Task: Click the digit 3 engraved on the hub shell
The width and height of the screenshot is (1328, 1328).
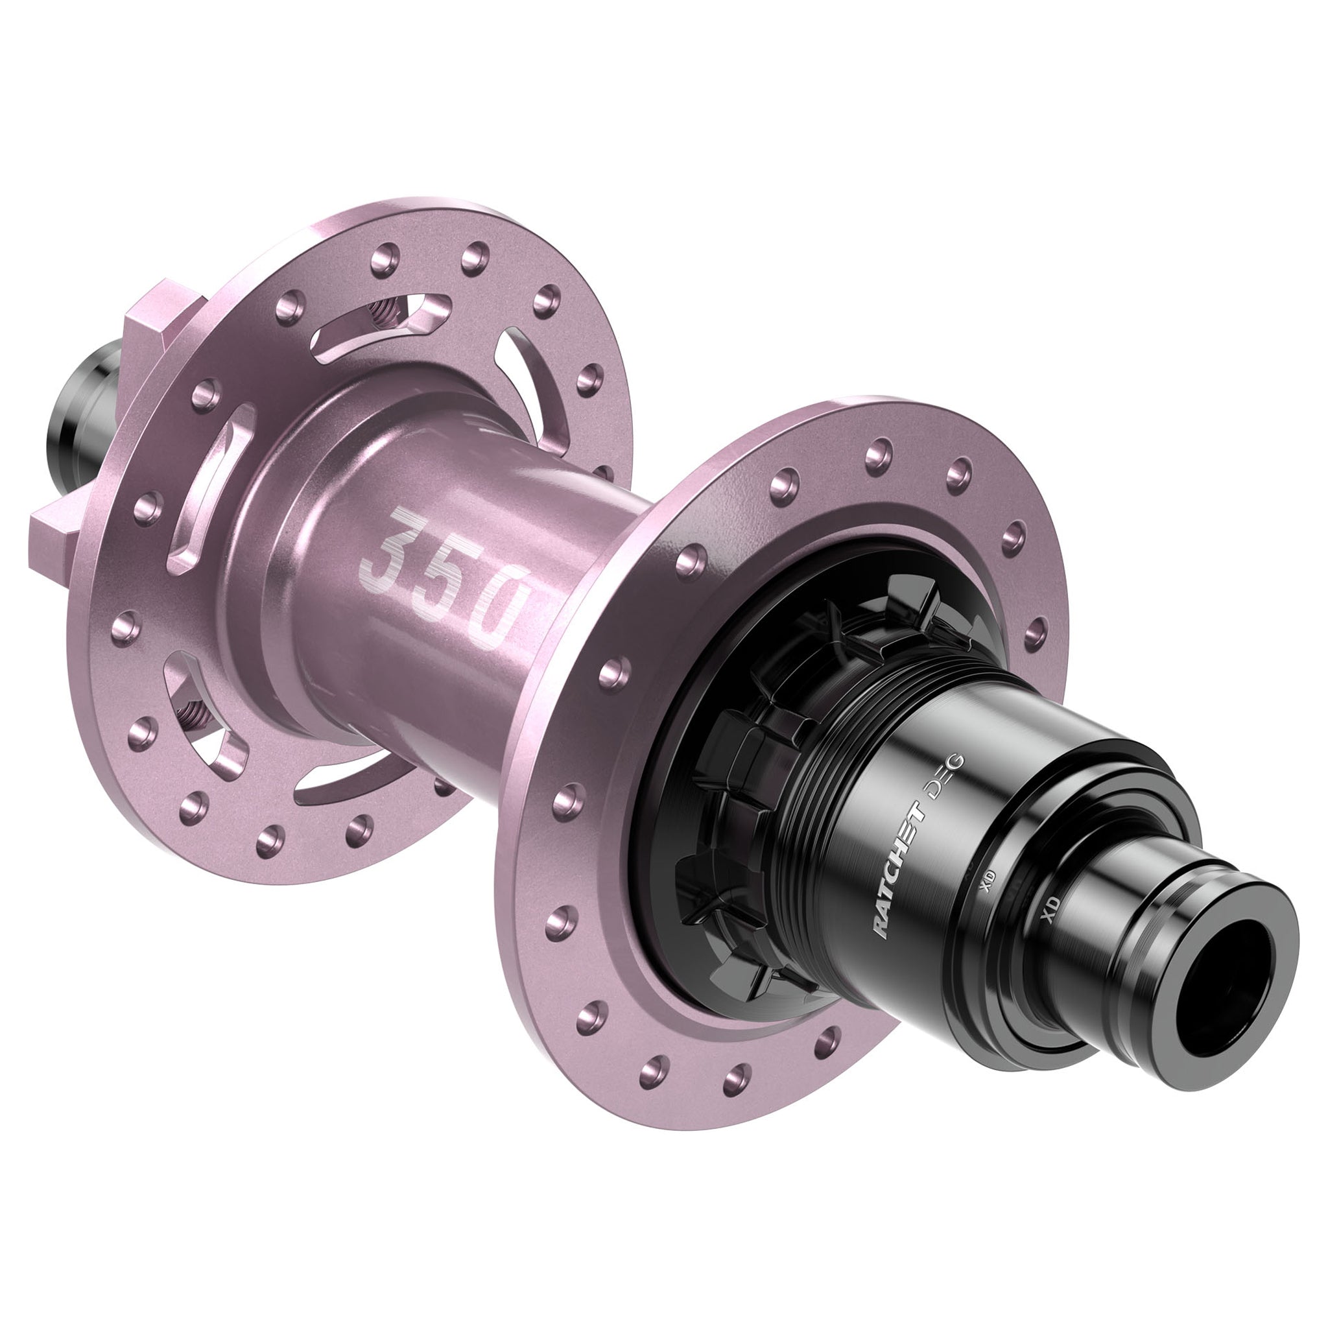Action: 393,549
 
